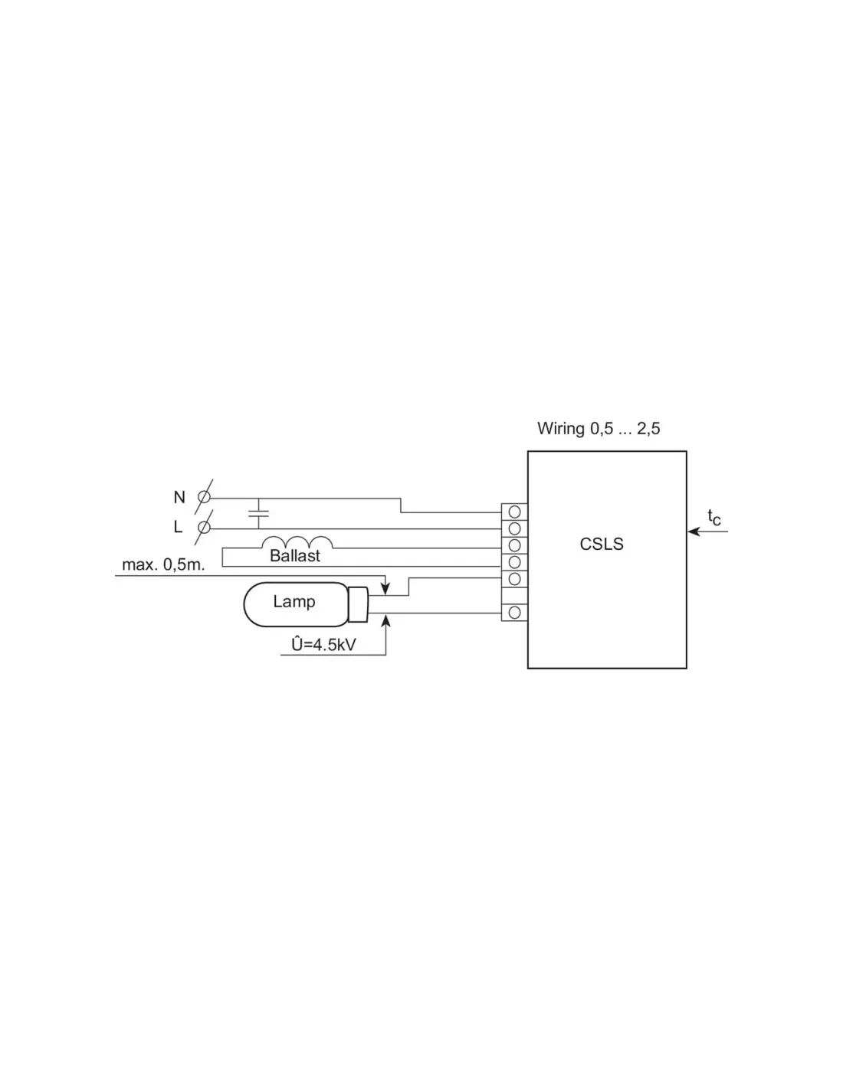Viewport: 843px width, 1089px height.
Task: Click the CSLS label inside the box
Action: pos(602,544)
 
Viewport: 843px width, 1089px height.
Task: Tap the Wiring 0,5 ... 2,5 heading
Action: pos(599,429)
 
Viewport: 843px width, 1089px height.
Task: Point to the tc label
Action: pos(713,517)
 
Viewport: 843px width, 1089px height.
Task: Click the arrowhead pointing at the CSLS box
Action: pos(694,531)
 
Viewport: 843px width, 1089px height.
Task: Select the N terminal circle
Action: pos(204,497)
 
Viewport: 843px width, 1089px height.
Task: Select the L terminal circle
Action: pos(204,528)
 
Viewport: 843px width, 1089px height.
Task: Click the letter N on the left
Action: pos(179,497)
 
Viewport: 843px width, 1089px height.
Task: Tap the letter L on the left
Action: pos(178,527)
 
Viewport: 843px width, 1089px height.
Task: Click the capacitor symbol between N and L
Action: pos(258,513)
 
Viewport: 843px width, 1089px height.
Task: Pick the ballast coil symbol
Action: pos(297,542)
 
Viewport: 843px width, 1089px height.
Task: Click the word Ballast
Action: pos(295,556)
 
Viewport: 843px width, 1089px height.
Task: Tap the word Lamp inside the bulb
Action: pos(294,601)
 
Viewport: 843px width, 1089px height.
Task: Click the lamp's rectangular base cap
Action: pos(358,604)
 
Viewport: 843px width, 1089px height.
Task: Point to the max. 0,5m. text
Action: pos(163,565)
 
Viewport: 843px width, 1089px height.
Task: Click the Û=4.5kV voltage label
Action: pos(324,645)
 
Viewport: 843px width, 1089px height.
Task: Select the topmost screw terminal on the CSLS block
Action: pos(514,512)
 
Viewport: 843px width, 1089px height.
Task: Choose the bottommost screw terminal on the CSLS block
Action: pos(514,613)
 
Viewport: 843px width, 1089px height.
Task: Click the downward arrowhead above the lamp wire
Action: pos(385,589)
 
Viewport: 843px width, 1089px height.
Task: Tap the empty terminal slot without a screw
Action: pos(514,596)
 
